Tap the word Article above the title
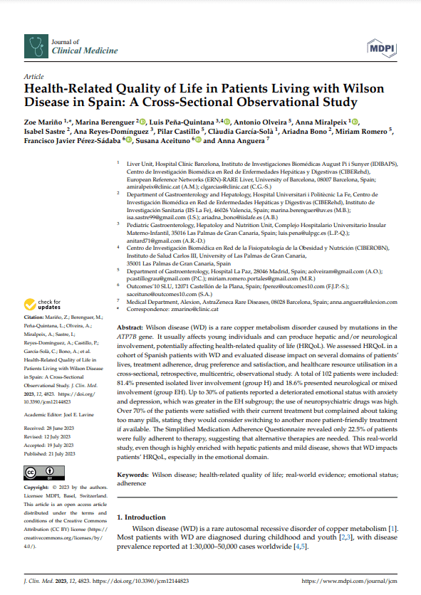[33, 76]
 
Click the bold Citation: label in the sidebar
[35, 316]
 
